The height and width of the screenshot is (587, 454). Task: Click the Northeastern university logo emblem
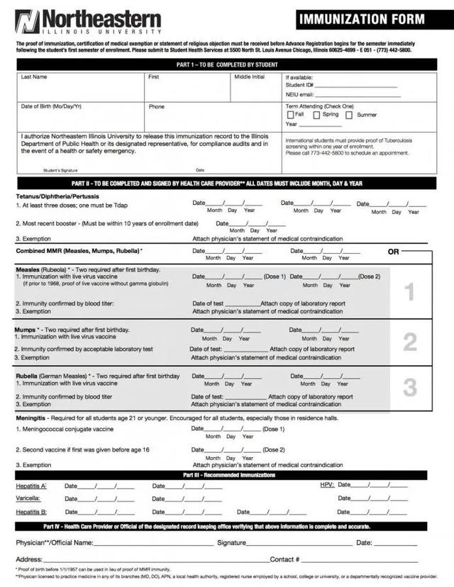click(x=27, y=21)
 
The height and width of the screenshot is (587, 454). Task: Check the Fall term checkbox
click(x=290, y=115)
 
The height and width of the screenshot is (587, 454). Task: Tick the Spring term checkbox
click(x=317, y=115)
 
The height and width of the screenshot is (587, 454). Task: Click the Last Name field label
click(x=34, y=77)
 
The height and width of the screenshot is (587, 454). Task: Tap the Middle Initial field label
click(x=249, y=77)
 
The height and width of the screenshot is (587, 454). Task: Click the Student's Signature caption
click(x=60, y=170)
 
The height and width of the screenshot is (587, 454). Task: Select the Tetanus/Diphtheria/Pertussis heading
click(x=57, y=196)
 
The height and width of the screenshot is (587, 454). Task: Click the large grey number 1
click(x=409, y=291)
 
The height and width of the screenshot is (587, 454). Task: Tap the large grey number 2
click(x=410, y=342)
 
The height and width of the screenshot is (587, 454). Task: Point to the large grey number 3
click(x=410, y=387)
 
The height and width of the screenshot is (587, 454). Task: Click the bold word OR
click(x=394, y=252)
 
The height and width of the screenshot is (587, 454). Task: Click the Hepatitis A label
click(x=31, y=486)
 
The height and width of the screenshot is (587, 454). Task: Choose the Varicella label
click(x=28, y=499)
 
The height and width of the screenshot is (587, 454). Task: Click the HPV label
click(x=327, y=485)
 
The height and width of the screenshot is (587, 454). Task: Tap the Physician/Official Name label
click(x=55, y=542)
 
